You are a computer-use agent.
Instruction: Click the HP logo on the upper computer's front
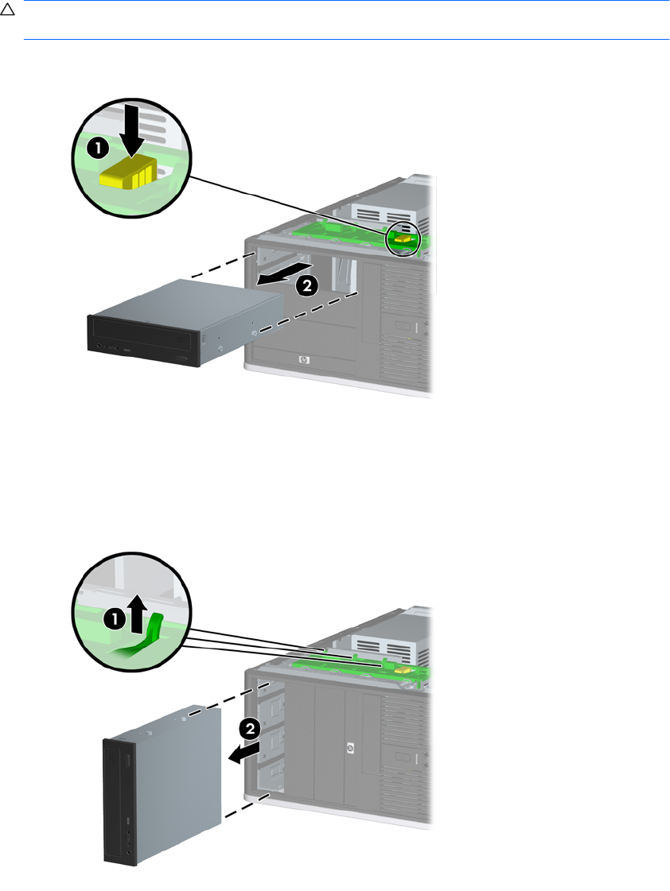click(x=303, y=360)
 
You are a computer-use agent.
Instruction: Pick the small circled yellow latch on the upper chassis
click(x=405, y=237)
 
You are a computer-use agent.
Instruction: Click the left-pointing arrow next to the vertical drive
click(x=243, y=753)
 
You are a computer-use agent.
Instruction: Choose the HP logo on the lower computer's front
click(x=349, y=748)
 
